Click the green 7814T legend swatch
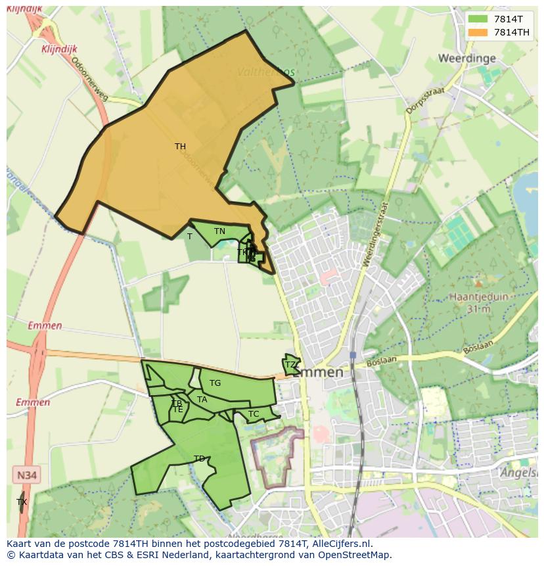(478, 19)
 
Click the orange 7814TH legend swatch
(478, 32)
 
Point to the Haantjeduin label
(479, 296)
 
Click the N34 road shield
(26, 475)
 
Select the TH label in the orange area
(180, 147)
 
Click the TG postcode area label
(215, 383)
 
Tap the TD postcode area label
(199, 459)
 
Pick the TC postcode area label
(253, 414)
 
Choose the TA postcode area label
(202, 400)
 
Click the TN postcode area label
(219, 231)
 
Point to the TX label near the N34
(22, 502)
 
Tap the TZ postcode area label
(290, 365)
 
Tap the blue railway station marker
(353, 355)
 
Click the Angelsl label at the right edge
(519, 473)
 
